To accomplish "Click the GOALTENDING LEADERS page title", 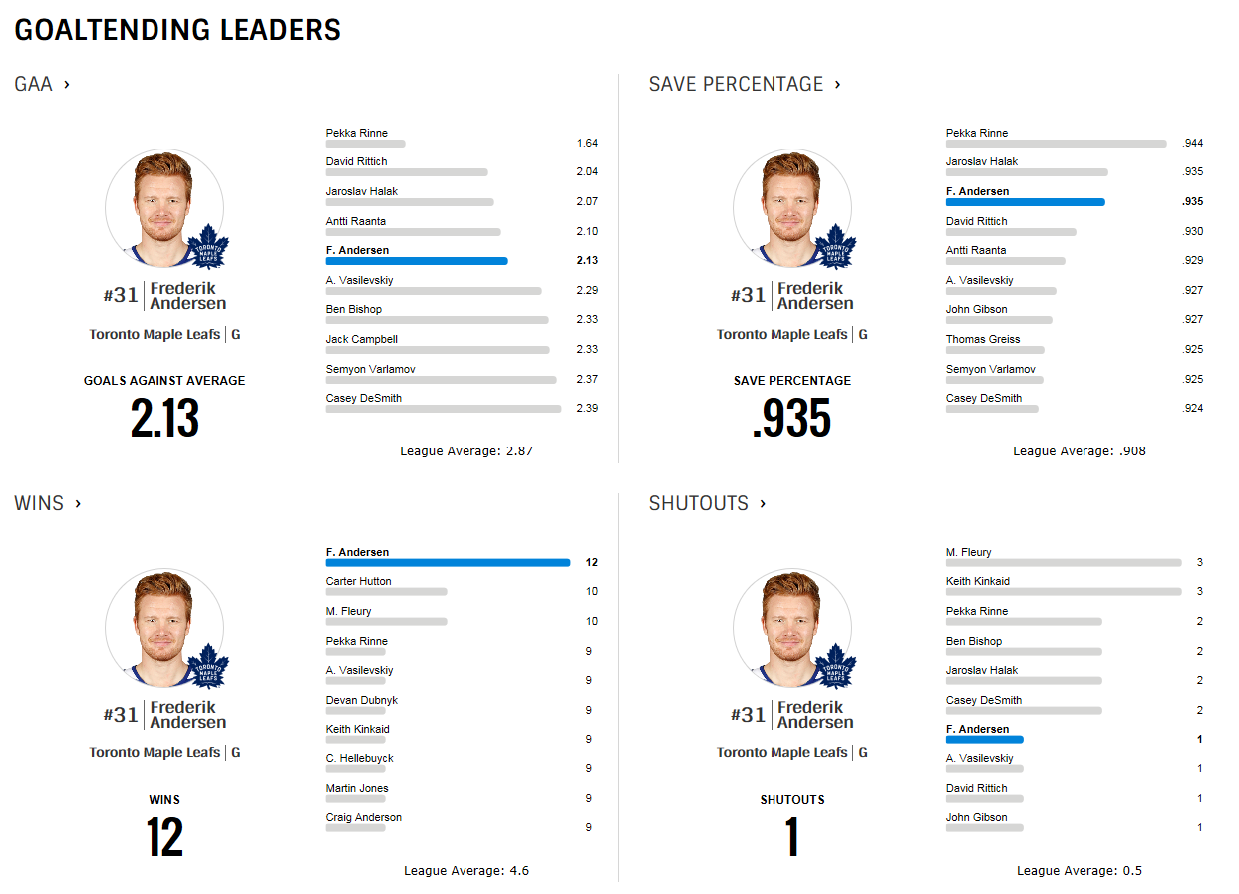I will [x=177, y=30].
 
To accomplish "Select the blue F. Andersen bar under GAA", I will [x=417, y=261].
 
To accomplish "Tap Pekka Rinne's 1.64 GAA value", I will [x=587, y=143].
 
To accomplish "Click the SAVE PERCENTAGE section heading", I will [x=737, y=85].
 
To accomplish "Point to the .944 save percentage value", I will [x=1192, y=143].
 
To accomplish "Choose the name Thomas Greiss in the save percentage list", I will [x=983, y=339].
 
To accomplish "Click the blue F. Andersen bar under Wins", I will [x=448, y=562].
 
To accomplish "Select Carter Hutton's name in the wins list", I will [x=358, y=581].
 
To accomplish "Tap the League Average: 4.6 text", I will [x=466, y=870].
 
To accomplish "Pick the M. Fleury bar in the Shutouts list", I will [x=1064, y=562].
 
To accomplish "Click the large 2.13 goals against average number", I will [x=164, y=419].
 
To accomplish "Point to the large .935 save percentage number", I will [x=791, y=419].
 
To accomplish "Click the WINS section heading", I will [x=40, y=503].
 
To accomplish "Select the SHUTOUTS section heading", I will [x=699, y=503].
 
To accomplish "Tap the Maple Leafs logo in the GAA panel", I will [x=208, y=246].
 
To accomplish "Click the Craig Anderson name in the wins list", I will [x=364, y=817].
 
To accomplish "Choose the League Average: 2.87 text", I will [x=466, y=450].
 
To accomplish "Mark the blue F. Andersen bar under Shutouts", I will [x=985, y=739].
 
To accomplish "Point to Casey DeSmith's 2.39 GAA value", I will [x=587, y=408].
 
